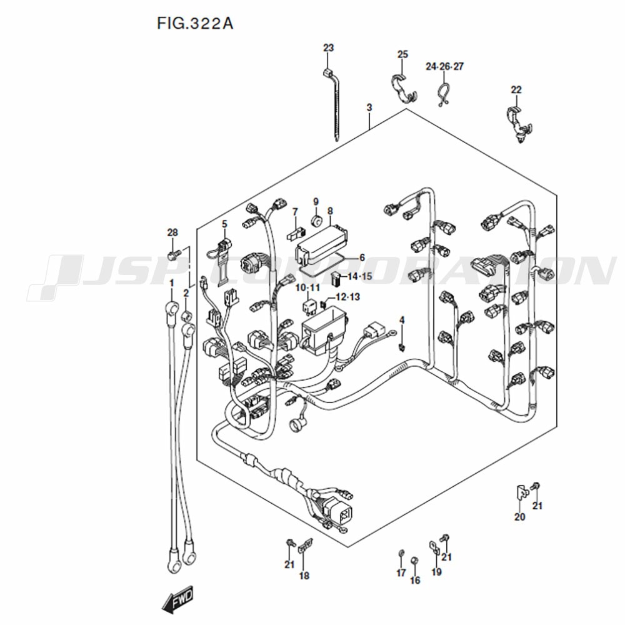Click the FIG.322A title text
195,24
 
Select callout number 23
328,48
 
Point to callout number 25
402,54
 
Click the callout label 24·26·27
444,66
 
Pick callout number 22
516,89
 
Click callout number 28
172,232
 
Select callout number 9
316,201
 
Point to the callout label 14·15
359,276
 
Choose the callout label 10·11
307,287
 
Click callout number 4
402,320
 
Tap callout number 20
519,517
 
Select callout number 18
304,576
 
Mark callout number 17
401,572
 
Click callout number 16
415,580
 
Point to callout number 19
436,572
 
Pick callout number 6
362,257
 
